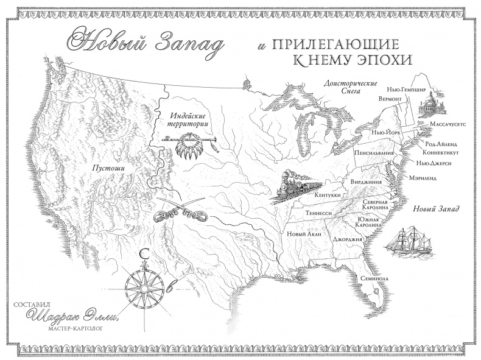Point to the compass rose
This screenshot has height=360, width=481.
[145, 284]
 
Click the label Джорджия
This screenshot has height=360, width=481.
[348, 239]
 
